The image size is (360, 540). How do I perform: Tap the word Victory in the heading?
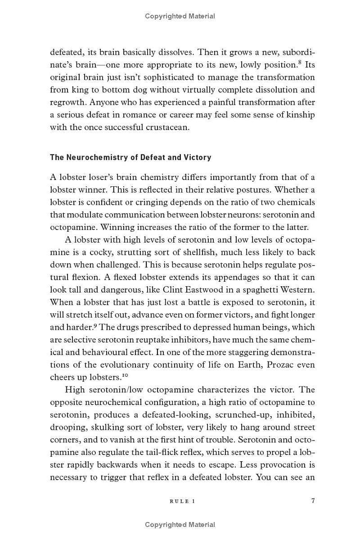[x=197, y=157]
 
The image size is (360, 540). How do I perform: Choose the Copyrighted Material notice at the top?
[x=180, y=16]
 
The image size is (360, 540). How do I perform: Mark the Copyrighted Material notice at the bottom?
[x=180, y=524]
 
